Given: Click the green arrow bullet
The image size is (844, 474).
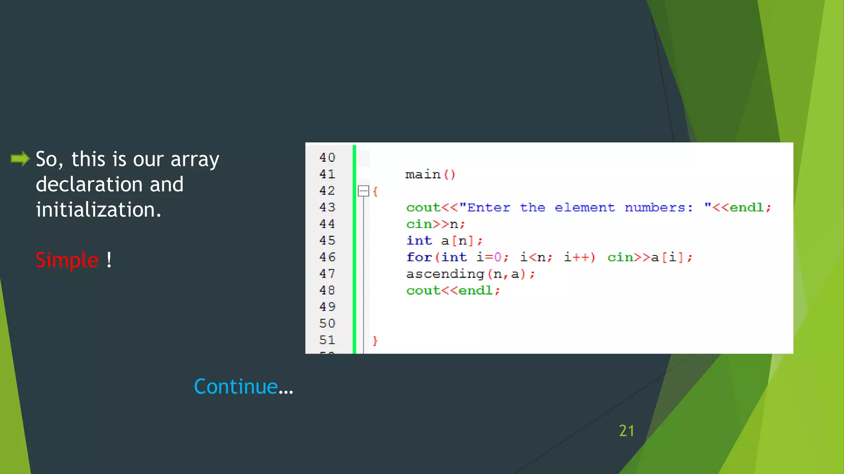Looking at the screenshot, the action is [20, 158].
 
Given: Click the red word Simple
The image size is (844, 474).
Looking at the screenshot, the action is [67, 260].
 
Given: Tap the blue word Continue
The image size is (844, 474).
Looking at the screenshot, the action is [236, 386].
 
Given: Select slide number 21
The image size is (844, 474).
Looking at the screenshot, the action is [626, 431].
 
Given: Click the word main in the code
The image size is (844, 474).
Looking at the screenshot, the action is [423, 174].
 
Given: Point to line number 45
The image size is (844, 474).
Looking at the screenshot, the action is [327, 240].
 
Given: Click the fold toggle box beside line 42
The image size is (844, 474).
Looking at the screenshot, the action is [363, 191].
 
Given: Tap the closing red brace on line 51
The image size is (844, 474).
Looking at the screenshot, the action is [375, 340].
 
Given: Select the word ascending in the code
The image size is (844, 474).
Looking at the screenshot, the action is [445, 274].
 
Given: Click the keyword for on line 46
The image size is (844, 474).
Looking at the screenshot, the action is [419, 257].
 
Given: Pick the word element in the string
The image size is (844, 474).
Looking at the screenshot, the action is [584, 207].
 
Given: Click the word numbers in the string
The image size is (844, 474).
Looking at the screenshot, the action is [658, 207].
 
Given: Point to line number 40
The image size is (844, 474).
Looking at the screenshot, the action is [327, 158].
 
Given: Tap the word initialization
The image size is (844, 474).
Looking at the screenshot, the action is [98, 209].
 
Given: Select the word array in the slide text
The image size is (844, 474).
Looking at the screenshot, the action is [195, 160].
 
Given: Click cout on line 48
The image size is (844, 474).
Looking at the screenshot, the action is [423, 290].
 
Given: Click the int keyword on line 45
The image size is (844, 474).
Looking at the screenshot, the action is [419, 241].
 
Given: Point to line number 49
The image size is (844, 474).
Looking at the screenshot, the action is [327, 307].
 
